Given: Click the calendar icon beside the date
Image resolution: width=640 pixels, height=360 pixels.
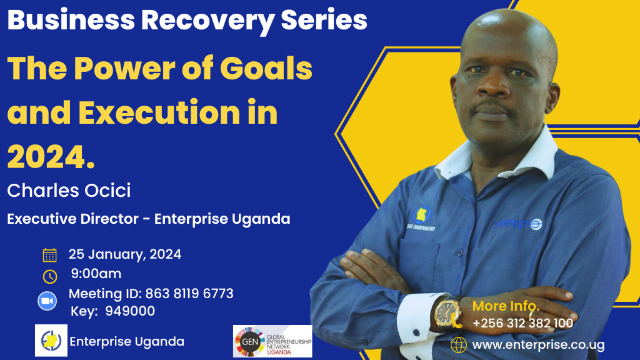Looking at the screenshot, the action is click(x=50, y=255).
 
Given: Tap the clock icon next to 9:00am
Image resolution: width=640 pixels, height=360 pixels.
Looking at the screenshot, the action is click(x=50, y=276).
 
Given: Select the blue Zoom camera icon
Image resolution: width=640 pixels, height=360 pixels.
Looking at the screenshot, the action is click(x=47, y=301).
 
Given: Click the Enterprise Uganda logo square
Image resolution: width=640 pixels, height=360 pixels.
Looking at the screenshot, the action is click(x=51, y=341).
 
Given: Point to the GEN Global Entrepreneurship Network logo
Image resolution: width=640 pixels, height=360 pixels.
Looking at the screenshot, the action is click(x=272, y=341).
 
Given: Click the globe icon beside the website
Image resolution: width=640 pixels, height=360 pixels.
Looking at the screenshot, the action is click(x=459, y=345).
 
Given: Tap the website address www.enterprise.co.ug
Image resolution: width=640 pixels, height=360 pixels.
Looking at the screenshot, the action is click(x=538, y=345).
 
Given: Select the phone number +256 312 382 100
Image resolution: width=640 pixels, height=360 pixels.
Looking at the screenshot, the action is click(x=523, y=324).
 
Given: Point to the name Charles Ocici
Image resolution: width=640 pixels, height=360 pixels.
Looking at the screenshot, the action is click(x=69, y=191).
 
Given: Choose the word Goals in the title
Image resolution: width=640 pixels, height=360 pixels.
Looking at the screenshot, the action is click(x=266, y=69).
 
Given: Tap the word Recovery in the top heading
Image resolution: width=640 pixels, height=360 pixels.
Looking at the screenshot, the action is click(x=207, y=21).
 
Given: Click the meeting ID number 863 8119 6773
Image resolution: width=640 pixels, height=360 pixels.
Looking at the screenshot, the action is click(x=189, y=294).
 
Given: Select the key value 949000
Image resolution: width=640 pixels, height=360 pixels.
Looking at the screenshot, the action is click(x=130, y=311).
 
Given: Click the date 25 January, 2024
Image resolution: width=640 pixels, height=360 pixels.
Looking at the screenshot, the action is click(x=125, y=254).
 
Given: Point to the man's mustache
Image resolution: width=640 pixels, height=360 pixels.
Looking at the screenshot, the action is click(x=491, y=106).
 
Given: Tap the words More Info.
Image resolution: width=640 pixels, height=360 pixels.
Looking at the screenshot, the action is click(x=506, y=306).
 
